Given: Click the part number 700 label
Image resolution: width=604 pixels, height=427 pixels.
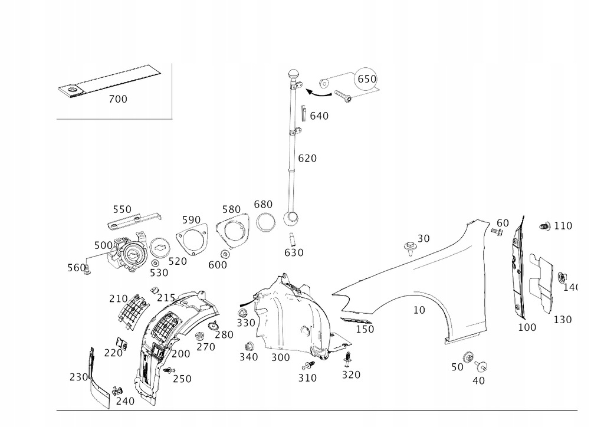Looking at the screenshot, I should (118, 99).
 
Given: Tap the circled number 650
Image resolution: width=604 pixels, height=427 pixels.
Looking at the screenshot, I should (366, 79).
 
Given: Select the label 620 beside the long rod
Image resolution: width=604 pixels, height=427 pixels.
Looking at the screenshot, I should (307, 158).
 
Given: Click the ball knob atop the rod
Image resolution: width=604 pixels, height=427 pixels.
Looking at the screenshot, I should (293, 75).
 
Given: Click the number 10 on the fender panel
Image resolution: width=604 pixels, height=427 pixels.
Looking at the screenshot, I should (419, 310).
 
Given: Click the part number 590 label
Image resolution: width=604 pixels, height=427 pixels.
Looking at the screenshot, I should (191, 220).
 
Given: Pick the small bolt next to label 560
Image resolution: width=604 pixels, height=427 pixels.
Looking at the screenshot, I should (88, 271).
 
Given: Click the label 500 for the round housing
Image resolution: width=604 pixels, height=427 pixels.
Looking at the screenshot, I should (103, 245).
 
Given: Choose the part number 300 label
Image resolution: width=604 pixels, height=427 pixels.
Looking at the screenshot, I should (280, 357).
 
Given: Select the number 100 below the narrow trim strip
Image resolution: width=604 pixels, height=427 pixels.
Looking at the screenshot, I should (527, 327).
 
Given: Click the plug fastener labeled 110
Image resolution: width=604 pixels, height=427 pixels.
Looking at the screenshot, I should (546, 226).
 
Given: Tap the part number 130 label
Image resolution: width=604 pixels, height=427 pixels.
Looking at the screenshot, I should (562, 320).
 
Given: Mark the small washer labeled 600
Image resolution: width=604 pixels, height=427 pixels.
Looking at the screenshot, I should (225, 254).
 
